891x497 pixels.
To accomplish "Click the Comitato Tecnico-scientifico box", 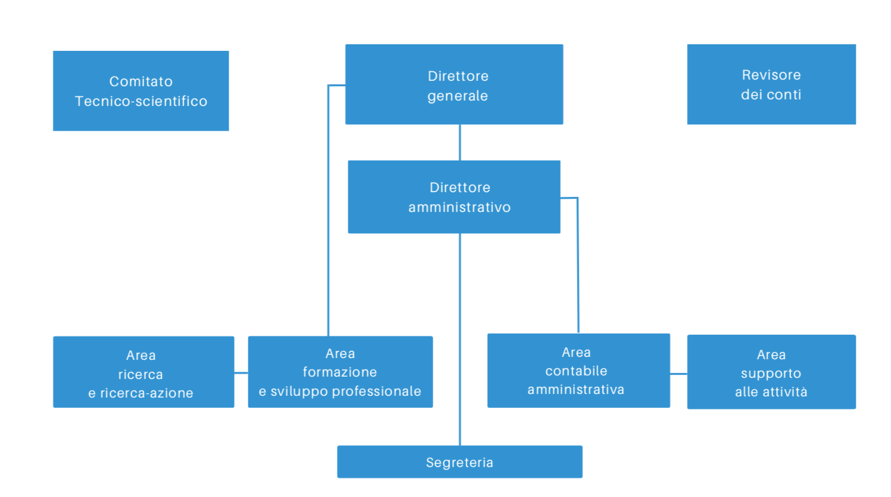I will [x=141, y=90].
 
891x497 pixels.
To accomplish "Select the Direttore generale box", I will [x=454, y=84].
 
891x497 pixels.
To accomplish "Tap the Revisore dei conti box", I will [x=771, y=84].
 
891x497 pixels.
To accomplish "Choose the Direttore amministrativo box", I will [x=454, y=197].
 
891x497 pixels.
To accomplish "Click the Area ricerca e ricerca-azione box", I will [x=143, y=372].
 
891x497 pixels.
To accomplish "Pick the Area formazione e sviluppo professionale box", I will [x=340, y=372].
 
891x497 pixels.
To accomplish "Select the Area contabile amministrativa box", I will [x=578, y=371].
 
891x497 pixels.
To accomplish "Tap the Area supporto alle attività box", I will [x=771, y=372].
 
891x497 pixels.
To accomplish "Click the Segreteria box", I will [x=459, y=462].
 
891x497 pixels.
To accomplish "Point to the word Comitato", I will [x=141, y=81].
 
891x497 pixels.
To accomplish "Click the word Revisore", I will [x=771, y=75].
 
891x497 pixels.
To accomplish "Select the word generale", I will [x=457, y=96].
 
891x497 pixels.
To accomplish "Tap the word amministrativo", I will [x=459, y=207].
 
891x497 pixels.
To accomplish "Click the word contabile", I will [x=576, y=371].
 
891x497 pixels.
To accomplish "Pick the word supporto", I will [x=771, y=374].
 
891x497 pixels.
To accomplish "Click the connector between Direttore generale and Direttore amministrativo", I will [x=460, y=143].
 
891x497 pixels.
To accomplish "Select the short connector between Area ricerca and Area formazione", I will [x=241, y=372].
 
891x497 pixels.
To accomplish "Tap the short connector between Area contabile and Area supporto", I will [x=679, y=374].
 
